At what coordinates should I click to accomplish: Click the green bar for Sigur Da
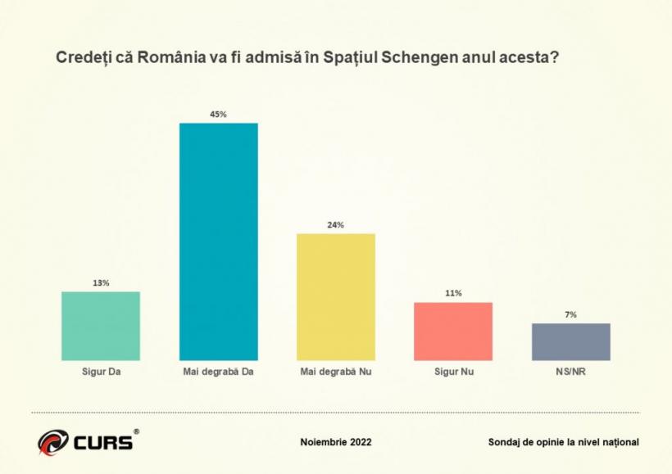pos(101,326)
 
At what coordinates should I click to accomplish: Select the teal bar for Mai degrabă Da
pos(218,242)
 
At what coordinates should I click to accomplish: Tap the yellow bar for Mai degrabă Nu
pos(336,296)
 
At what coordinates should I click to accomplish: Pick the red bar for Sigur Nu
pos(453,332)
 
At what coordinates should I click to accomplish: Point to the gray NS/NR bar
pos(570,341)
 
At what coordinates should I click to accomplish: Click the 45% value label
pos(218,115)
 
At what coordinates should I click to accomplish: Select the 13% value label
pos(101,283)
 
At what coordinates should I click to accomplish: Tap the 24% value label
pos(336,225)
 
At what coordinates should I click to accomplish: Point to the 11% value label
pos(453,293)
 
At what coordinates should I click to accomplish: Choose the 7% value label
pos(570,314)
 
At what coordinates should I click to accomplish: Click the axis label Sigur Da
pos(101,371)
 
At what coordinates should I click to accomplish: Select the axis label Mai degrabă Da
pos(218,371)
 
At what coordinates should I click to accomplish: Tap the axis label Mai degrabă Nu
pos(336,371)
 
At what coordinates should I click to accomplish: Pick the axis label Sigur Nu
pos(454,371)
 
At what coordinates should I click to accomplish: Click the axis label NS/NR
pos(570,371)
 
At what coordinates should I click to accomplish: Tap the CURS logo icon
pos(52,442)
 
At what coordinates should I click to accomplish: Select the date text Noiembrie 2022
pos(336,442)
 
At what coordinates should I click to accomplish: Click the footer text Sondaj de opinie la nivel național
pos(563,442)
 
